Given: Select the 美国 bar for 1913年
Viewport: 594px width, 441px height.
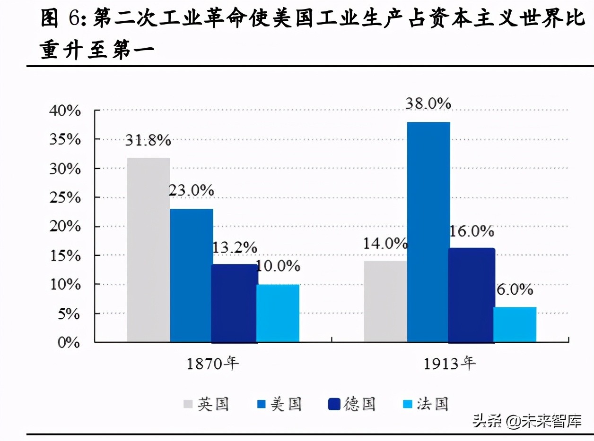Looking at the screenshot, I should click(428, 231).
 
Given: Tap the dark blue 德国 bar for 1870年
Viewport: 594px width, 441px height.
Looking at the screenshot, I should click(234, 303).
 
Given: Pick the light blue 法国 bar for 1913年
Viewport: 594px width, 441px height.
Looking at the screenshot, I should click(515, 324).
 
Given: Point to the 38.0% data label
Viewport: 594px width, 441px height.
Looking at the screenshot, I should click(428, 104).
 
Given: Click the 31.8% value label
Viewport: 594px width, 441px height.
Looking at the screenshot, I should click(148, 140).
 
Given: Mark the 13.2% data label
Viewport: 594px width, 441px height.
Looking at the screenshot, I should click(235, 247).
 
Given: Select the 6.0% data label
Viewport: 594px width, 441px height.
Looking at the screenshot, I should click(515, 289).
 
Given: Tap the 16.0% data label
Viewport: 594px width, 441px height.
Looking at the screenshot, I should click(472, 231).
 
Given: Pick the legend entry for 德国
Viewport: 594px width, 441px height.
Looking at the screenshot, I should click(353, 404).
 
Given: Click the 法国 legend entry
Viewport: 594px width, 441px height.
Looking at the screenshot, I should click(426, 404).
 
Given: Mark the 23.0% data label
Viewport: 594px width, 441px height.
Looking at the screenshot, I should click(192, 191).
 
